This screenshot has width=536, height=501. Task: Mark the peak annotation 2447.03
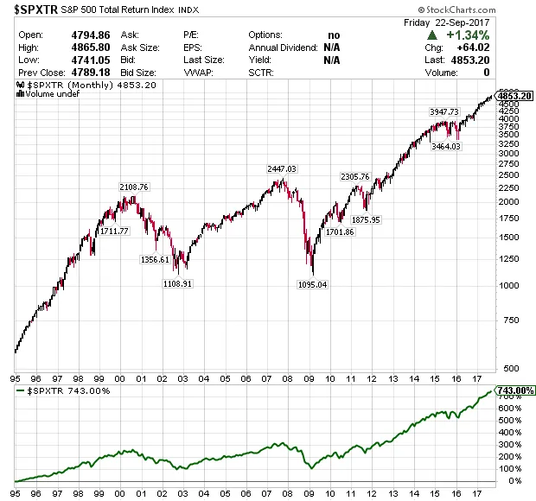pyautogui.click(x=282, y=169)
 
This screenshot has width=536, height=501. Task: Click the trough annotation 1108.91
pyautogui.click(x=176, y=282)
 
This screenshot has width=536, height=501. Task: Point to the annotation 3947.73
pyautogui.click(x=443, y=112)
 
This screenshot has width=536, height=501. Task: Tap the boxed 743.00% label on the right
pyautogui.click(x=513, y=391)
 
